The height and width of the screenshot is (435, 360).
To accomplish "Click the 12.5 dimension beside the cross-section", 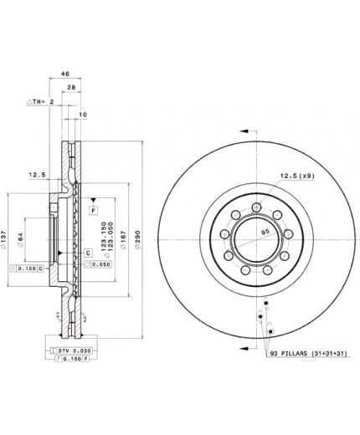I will [35, 177].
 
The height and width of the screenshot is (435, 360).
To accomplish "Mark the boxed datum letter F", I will [94, 210].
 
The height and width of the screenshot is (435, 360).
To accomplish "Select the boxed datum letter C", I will [88, 252].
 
